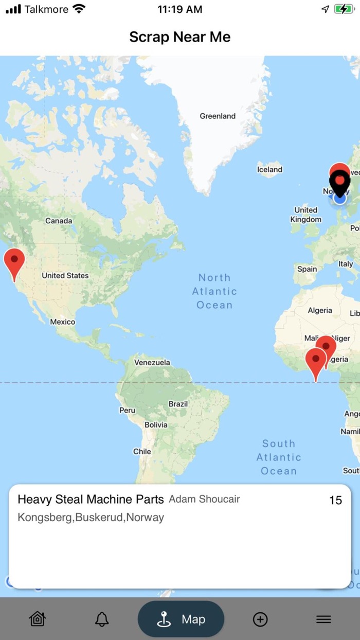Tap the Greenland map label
218,116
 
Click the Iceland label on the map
269,170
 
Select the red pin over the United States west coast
14,262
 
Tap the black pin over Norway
339,182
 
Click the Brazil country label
178,404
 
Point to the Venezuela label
152,362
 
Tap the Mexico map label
62,322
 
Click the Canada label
59,221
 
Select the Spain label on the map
307,269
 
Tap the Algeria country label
320,311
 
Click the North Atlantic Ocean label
214,291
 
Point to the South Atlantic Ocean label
279,457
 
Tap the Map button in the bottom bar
181,619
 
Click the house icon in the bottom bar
38,619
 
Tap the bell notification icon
102,619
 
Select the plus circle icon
260,619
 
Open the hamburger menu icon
323,619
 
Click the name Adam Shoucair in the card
204,499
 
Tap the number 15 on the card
335,501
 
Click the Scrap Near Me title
180,37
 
